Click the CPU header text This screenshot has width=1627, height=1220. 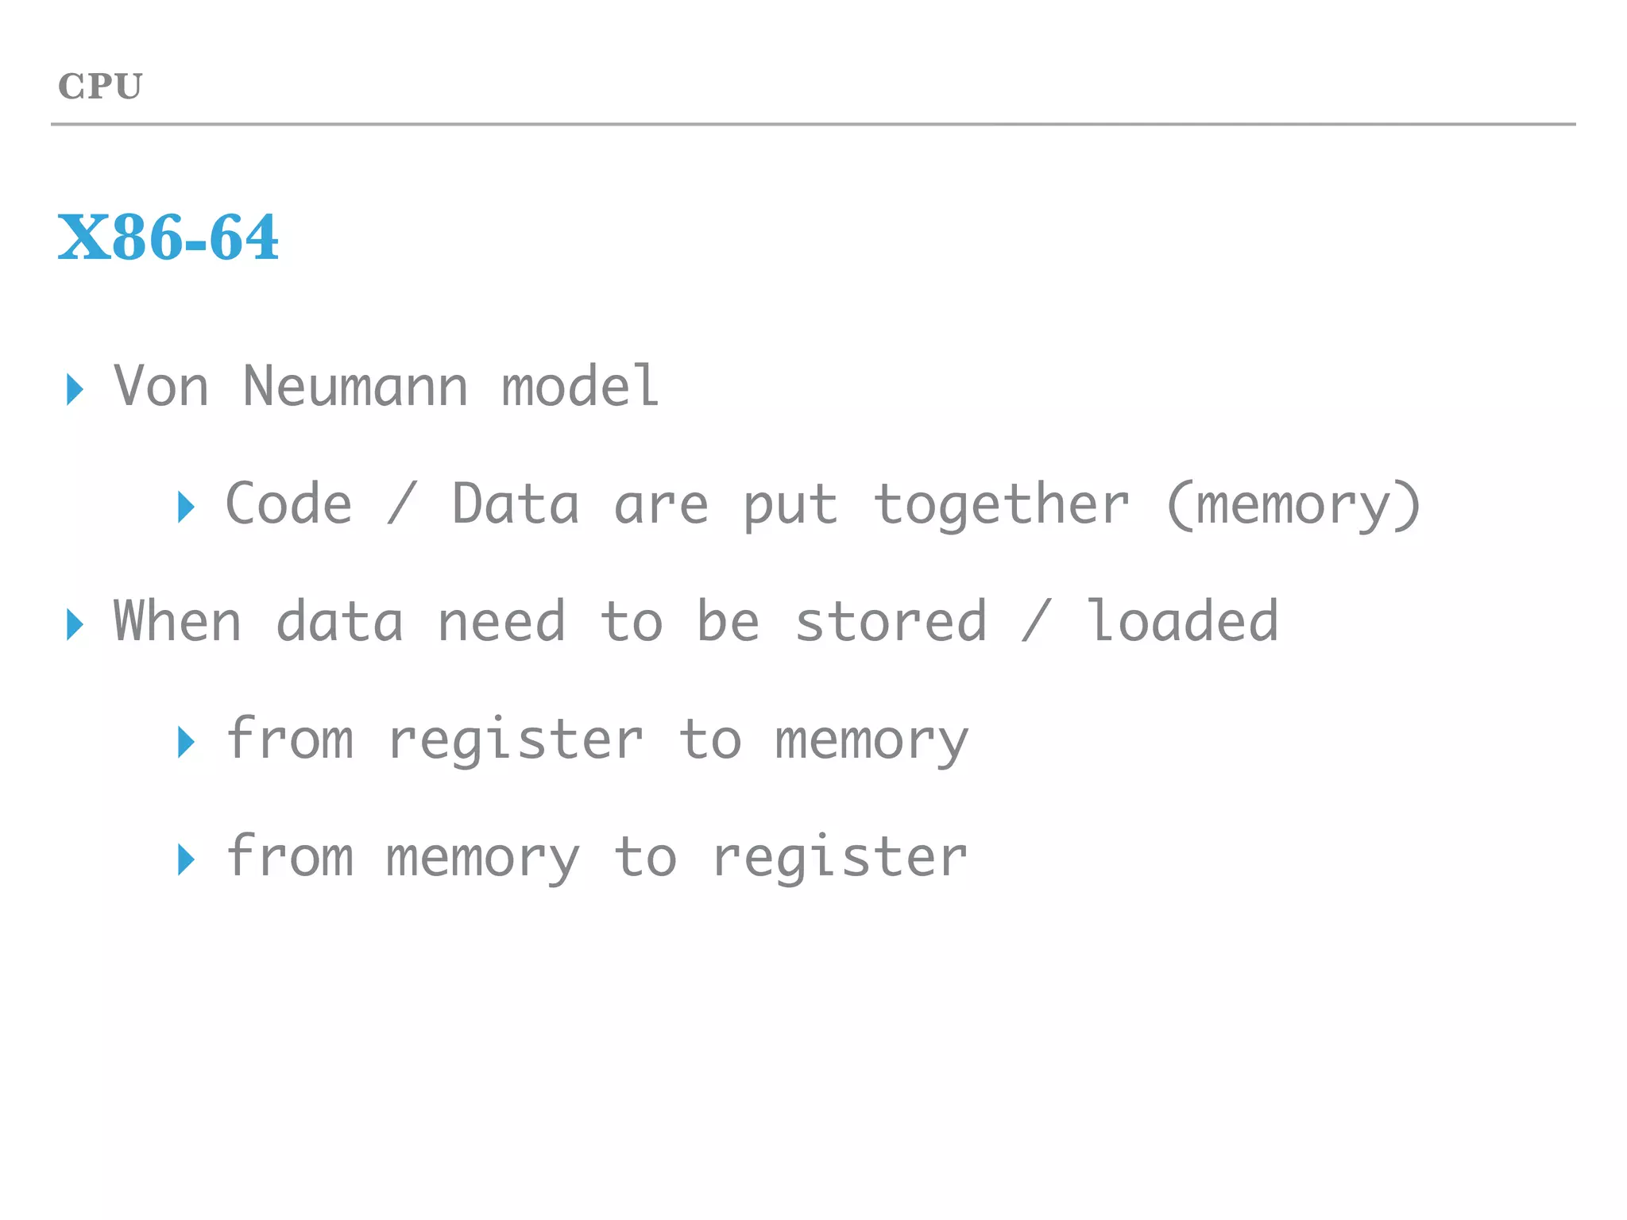click(100, 87)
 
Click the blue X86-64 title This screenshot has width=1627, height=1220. click(168, 237)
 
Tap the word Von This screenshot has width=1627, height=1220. click(161, 387)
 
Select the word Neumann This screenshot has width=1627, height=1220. click(355, 387)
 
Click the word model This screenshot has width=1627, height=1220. click(580, 387)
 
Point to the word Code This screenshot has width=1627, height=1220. click(288, 504)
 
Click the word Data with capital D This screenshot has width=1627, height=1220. click(516, 504)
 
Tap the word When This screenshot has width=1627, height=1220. click(177, 622)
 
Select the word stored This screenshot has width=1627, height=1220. click(891, 622)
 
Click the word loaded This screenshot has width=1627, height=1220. click(1182, 622)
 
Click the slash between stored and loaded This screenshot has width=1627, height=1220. click(1036, 622)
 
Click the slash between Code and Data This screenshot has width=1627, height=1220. click(402, 504)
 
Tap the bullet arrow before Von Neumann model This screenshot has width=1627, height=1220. click(75, 389)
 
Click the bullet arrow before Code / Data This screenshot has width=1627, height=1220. click(186, 507)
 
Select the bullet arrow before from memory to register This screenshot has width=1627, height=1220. click(186, 859)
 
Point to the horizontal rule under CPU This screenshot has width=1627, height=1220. click(813, 125)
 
